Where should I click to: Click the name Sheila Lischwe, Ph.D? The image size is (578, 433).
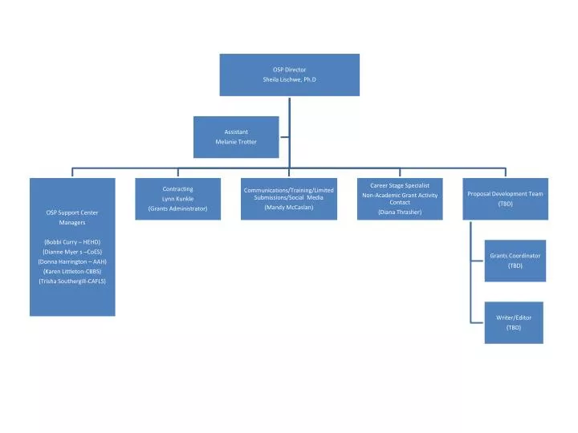[289, 80]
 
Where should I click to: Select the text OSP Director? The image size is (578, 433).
[289, 70]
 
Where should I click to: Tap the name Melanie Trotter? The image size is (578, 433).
[236, 142]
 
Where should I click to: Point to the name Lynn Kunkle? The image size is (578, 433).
[178, 199]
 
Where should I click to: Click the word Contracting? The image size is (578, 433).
[178, 189]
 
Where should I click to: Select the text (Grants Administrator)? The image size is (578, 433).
[178, 208]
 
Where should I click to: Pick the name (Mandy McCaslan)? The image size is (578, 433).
[289, 208]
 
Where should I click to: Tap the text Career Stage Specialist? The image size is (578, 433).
[400, 186]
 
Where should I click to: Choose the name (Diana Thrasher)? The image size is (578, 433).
[400, 212]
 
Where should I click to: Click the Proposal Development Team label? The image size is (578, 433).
[505, 194]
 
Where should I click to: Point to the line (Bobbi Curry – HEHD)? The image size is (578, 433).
[72, 242]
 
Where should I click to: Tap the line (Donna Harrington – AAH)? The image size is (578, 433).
[72, 262]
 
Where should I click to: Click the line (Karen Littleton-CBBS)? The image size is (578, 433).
[72, 272]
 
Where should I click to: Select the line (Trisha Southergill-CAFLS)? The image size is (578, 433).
[72, 281]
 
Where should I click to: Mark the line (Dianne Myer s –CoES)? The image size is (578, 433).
[72, 252]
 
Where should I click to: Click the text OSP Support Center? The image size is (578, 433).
[72, 212]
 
